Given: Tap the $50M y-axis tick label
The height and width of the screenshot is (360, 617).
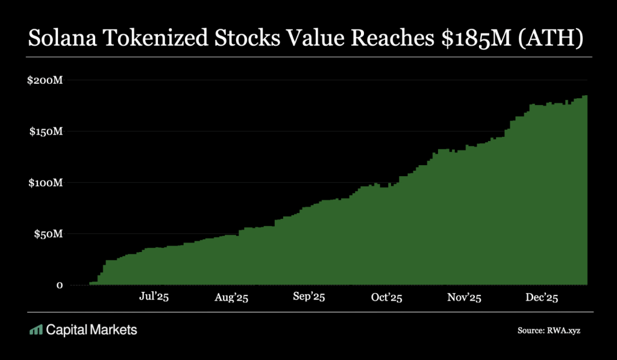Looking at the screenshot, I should point(48,234).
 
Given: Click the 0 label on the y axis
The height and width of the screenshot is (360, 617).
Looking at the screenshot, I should point(60,285).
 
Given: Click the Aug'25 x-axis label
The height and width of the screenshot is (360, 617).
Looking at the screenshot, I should point(232,298).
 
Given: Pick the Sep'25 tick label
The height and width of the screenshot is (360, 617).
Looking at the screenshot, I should point(309,298).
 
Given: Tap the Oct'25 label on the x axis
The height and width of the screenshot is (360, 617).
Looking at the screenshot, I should point(386,298).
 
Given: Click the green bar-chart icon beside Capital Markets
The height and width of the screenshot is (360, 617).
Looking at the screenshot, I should point(36,330).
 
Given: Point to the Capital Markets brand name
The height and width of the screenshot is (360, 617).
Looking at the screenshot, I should point(92,330).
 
